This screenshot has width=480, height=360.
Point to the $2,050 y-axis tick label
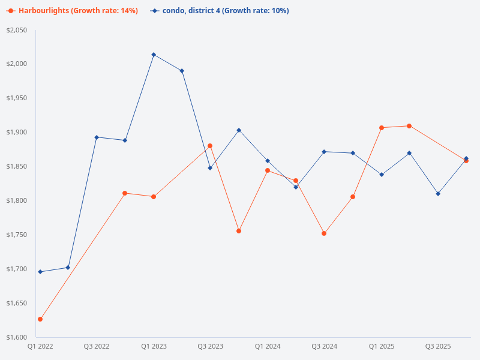click(x=17, y=30)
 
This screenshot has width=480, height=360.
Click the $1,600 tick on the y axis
click(x=17, y=337)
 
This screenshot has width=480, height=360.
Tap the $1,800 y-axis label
click(x=17, y=200)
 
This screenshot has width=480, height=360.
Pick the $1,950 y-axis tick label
click(x=17, y=98)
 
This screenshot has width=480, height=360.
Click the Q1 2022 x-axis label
click(x=40, y=347)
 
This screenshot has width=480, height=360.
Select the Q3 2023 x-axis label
click(x=210, y=347)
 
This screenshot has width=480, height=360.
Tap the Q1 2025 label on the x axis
click(x=381, y=347)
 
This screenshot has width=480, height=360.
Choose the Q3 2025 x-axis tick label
click(x=438, y=347)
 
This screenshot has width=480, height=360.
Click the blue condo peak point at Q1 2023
click(x=154, y=55)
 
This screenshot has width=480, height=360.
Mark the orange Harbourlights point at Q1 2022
click(x=40, y=319)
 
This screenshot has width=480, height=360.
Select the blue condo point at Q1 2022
click(x=40, y=272)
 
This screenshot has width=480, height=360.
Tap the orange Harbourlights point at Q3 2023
click(x=210, y=146)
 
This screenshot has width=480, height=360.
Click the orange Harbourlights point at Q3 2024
click(x=324, y=233)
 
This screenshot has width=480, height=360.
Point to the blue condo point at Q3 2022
click(x=97, y=137)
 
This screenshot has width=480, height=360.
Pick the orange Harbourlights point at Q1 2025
click(x=381, y=128)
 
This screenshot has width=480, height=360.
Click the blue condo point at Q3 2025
click(x=438, y=194)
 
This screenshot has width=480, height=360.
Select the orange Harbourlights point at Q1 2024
click(x=268, y=170)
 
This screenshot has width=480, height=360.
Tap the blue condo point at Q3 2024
click(x=324, y=152)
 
